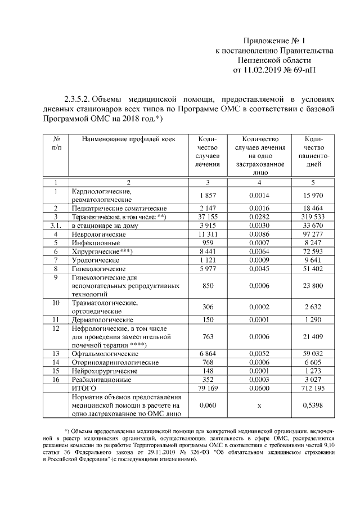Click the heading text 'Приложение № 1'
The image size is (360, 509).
[274, 40]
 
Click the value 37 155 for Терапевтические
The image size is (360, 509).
[208, 217]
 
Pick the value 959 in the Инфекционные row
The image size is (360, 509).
[208, 242]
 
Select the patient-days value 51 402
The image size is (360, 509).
[313, 269]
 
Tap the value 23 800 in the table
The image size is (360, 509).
[313, 286]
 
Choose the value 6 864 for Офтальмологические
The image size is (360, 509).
[208, 353]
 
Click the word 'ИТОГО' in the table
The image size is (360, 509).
[83, 388]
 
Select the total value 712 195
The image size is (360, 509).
[313, 388]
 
